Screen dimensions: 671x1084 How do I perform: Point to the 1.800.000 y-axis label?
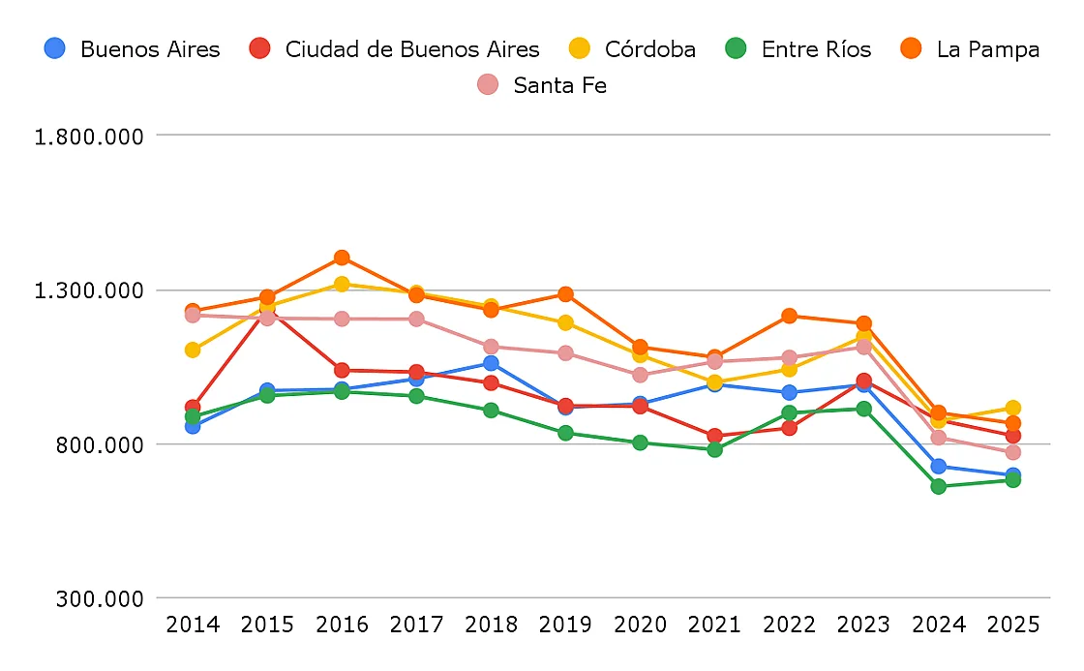(89, 136)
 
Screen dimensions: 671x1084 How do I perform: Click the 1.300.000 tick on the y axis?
(89, 290)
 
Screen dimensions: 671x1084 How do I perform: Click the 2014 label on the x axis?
(193, 625)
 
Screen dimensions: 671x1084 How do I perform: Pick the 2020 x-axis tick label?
(640, 625)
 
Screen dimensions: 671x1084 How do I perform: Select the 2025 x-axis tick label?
(1012, 625)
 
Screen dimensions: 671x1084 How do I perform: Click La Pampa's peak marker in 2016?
(342, 258)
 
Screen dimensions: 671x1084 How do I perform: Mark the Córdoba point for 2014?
(193, 350)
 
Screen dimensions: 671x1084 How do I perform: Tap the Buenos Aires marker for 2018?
(491, 363)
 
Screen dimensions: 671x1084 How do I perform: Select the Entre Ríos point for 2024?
(938, 486)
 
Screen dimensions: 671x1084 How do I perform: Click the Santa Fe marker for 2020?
(640, 375)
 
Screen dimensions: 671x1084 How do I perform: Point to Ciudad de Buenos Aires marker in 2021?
(714, 436)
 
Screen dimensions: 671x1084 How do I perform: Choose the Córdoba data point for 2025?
(1012, 408)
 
